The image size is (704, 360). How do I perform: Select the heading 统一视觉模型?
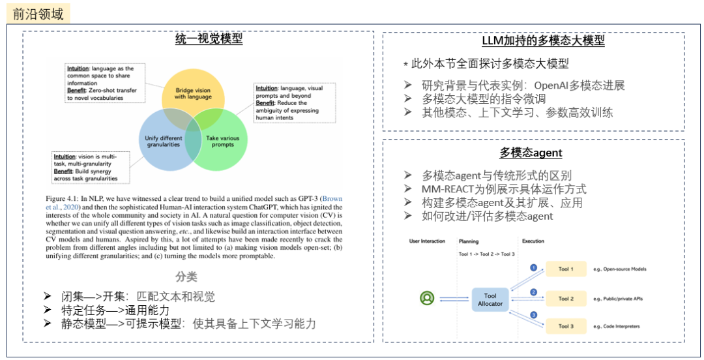click(x=209, y=39)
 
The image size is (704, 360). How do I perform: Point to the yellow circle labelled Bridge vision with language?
click(x=193, y=91)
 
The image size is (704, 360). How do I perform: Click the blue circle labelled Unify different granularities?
click(x=163, y=140)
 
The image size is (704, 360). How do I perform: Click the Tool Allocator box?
click(x=490, y=299)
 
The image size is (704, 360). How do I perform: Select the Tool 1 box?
click(x=566, y=269)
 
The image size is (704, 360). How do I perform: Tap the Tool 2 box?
click(x=566, y=299)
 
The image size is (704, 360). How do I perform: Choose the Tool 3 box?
click(x=566, y=326)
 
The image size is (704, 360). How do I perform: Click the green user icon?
click(x=427, y=299)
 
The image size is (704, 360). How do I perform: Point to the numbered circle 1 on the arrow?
click(x=533, y=267)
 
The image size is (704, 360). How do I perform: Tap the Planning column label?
click(x=468, y=241)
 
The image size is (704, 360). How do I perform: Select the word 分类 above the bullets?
click(x=186, y=277)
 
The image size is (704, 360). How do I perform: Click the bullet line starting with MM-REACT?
click(x=504, y=189)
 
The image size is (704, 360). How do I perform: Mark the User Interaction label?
click(x=426, y=241)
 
